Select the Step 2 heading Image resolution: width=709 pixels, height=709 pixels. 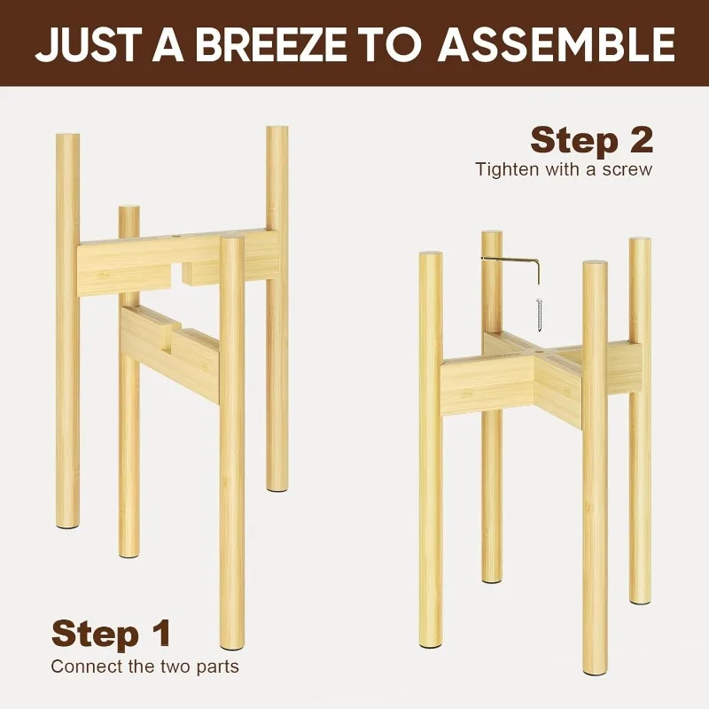591,140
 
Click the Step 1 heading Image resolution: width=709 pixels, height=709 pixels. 111,634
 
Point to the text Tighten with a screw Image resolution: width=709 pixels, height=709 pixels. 563,168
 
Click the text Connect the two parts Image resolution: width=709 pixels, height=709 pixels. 144,666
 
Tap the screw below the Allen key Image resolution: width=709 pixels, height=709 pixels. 536,312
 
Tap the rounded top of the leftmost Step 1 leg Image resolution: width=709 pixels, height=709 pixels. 67,137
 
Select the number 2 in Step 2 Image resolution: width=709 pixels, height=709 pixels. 638,140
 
